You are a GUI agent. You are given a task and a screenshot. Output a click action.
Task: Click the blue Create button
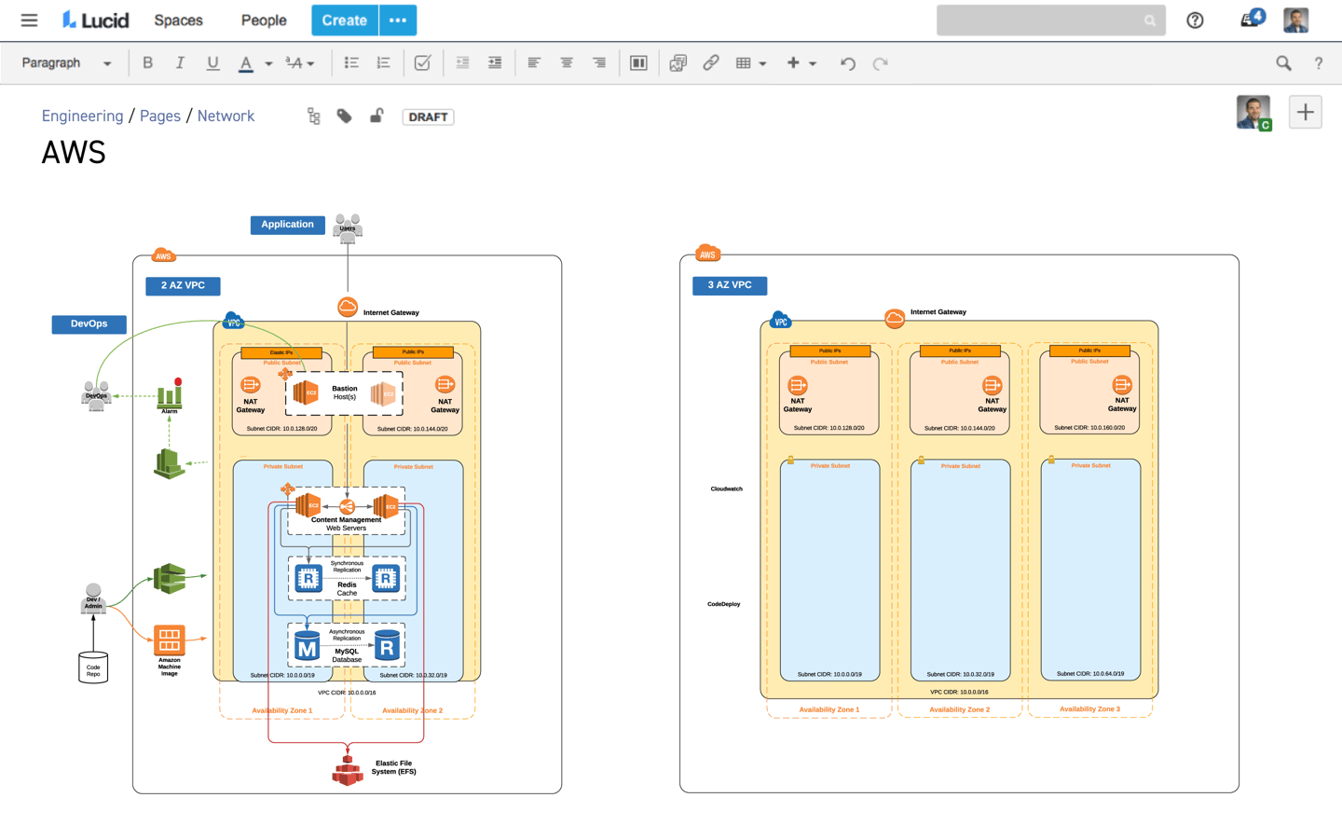tap(344, 20)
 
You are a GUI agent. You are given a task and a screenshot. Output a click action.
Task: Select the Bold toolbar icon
tap(147, 63)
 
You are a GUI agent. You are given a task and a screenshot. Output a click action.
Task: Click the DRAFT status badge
tap(428, 117)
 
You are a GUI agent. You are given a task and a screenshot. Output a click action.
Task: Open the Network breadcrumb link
tap(226, 116)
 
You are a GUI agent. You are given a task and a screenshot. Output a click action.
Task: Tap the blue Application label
tap(287, 225)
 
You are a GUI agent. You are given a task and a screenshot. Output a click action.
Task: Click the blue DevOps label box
tap(89, 324)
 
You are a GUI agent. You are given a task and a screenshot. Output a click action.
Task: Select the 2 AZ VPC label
tap(183, 285)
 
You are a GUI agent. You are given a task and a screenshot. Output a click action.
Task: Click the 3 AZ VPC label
tap(729, 285)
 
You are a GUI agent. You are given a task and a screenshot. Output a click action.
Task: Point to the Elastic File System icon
tap(348, 770)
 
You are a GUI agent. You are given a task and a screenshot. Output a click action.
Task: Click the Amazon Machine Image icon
tap(169, 640)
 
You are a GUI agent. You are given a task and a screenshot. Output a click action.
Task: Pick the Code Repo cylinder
tap(93, 667)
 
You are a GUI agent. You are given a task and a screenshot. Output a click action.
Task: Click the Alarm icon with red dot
tap(170, 394)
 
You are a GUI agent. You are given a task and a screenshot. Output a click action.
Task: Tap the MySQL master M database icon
tap(307, 647)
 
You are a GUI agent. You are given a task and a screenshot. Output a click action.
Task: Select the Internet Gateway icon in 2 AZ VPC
tap(347, 308)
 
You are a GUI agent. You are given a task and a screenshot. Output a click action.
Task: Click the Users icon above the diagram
tap(348, 227)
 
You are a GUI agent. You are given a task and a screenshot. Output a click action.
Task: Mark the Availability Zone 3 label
tap(1089, 709)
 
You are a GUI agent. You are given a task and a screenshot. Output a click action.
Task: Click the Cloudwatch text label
tap(726, 488)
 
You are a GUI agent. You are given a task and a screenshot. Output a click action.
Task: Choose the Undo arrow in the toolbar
tap(847, 63)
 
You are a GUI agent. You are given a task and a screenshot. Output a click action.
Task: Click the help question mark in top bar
tap(1195, 21)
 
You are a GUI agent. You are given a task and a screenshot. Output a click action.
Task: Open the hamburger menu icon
tap(29, 20)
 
